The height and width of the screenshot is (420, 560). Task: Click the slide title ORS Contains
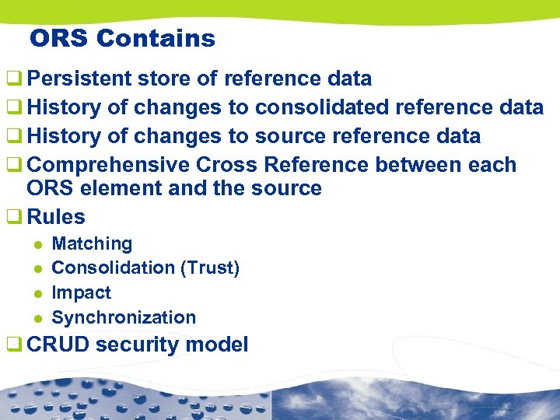[122, 38]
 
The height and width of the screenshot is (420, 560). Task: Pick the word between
[418, 165]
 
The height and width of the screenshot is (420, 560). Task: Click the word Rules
[56, 217]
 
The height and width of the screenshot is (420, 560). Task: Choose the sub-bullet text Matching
[92, 243]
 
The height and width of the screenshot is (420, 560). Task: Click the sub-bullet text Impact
[81, 292]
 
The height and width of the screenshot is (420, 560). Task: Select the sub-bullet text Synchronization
[124, 317]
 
